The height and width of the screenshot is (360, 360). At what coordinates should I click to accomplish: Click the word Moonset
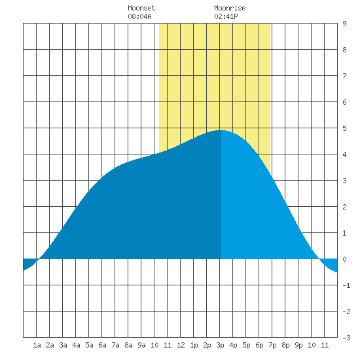click(x=141, y=8)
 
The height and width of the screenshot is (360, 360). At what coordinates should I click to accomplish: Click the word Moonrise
click(x=230, y=8)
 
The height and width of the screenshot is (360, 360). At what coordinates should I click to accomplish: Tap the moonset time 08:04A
click(x=139, y=16)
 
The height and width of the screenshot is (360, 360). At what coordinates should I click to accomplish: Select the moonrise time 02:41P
click(x=226, y=16)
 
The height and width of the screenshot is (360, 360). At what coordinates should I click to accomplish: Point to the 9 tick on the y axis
click(x=344, y=24)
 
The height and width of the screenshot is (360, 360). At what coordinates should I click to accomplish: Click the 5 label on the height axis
click(x=344, y=128)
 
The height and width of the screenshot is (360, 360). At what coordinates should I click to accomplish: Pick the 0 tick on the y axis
click(x=344, y=259)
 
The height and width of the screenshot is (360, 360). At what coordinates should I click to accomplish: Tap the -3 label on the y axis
click(x=346, y=338)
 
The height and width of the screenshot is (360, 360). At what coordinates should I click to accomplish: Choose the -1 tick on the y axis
click(x=346, y=285)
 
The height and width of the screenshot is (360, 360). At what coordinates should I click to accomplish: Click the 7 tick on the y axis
click(x=344, y=76)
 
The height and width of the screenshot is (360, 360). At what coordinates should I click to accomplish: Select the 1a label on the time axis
click(x=37, y=345)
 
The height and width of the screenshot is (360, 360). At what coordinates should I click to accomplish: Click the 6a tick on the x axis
click(x=102, y=345)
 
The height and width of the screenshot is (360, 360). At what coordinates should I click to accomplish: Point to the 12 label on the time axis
click(x=181, y=345)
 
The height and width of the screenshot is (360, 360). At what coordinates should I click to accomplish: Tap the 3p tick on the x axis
click(x=220, y=346)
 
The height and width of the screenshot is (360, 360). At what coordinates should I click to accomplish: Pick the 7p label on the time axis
click(x=272, y=346)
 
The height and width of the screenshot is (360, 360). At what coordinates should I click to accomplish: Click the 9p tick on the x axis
click(x=298, y=346)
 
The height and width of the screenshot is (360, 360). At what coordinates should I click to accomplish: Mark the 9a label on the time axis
click(x=141, y=345)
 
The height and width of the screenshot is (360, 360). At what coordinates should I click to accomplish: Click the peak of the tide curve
click(x=221, y=130)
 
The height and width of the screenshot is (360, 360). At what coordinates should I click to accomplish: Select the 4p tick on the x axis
click(x=233, y=346)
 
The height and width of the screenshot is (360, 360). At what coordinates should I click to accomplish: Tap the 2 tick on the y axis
click(x=344, y=207)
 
